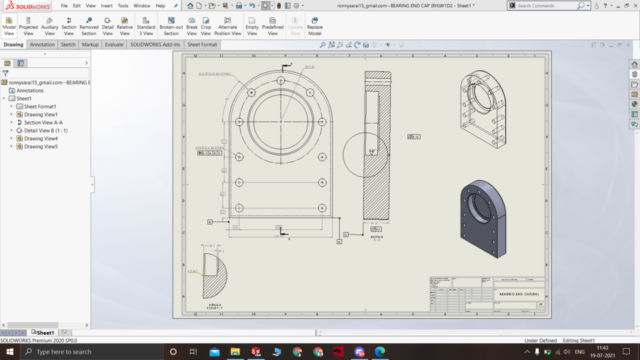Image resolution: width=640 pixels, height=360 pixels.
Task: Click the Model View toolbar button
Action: pyautogui.click(x=9, y=26)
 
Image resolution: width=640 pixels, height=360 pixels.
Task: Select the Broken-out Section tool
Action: pyautogui.click(x=171, y=26)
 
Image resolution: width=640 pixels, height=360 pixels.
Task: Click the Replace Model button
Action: pyautogui.click(x=315, y=26)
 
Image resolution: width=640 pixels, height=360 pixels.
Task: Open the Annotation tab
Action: pyautogui.click(x=43, y=45)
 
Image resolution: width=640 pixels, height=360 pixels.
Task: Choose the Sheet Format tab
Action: pyautogui.click(x=202, y=45)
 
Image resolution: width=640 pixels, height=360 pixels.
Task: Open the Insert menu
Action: pyautogui.click(x=107, y=5)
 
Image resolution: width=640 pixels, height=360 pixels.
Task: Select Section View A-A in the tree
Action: pyautogui.click(x=43, y=123)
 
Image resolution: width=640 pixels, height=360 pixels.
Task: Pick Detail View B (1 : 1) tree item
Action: pyautogui.click(x=45, y=131)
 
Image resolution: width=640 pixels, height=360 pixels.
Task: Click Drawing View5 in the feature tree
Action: pyautogui.click(x=41, y=147)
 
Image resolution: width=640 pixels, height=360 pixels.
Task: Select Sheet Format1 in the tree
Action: pyautogui.click(x=40, y=107)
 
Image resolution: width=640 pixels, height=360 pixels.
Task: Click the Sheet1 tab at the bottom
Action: pyautogui.click(x=45, y=333)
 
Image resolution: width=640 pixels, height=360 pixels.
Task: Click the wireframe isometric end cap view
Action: pyautogui.click(x=483, y=109)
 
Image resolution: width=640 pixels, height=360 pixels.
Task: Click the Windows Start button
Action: pyautogui.click(x=10, y=351)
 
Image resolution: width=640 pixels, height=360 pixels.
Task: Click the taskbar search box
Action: pyautogui.click(x=93, y=351)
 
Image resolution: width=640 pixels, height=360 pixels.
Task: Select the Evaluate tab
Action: pyautogui.click(x=114, y=45)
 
